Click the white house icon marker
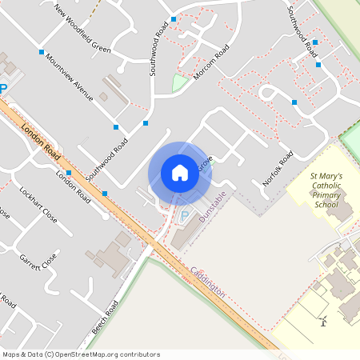pyautogui.click(x=179, y=173)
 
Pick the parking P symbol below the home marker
pyautogui.click(x=185, y=216)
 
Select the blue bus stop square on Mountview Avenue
pyautogui.click(x=41, y=52)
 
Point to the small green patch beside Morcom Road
pyautogui.click(x=179, y=82)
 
